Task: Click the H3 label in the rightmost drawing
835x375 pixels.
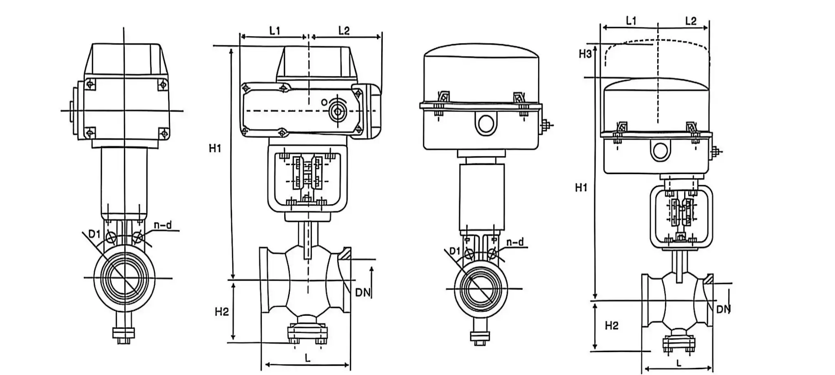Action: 585,54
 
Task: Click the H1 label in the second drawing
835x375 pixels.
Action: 215,149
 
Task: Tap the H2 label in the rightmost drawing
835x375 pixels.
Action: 612,326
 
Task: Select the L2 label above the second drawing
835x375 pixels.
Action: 344,31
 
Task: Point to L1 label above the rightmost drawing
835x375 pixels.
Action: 631,21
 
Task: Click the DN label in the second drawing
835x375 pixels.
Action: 363,293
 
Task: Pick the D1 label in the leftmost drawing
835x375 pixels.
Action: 95,233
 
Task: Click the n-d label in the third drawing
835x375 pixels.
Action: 515,242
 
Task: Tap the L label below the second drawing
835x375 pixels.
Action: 307,358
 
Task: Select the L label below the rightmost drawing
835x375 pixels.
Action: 678,362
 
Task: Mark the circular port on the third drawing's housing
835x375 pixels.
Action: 486,123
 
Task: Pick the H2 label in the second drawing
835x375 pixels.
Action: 221,312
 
